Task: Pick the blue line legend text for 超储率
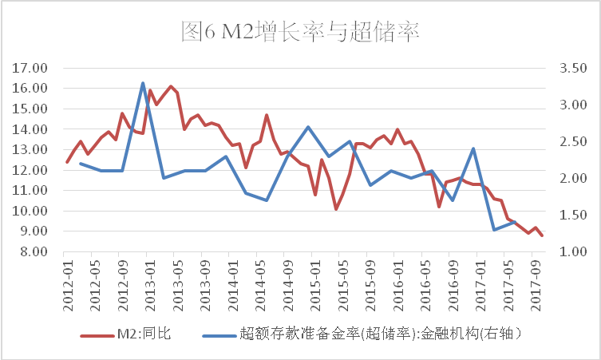386,334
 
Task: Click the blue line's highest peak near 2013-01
143,83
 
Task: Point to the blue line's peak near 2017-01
474,148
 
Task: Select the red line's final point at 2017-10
542,235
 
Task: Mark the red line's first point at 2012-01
67,162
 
